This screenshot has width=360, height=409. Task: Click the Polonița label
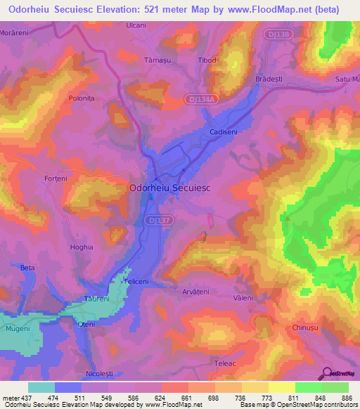pos(82,100)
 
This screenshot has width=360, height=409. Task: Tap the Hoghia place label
pos(82,247)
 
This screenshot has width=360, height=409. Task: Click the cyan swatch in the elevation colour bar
pos(41,387)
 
